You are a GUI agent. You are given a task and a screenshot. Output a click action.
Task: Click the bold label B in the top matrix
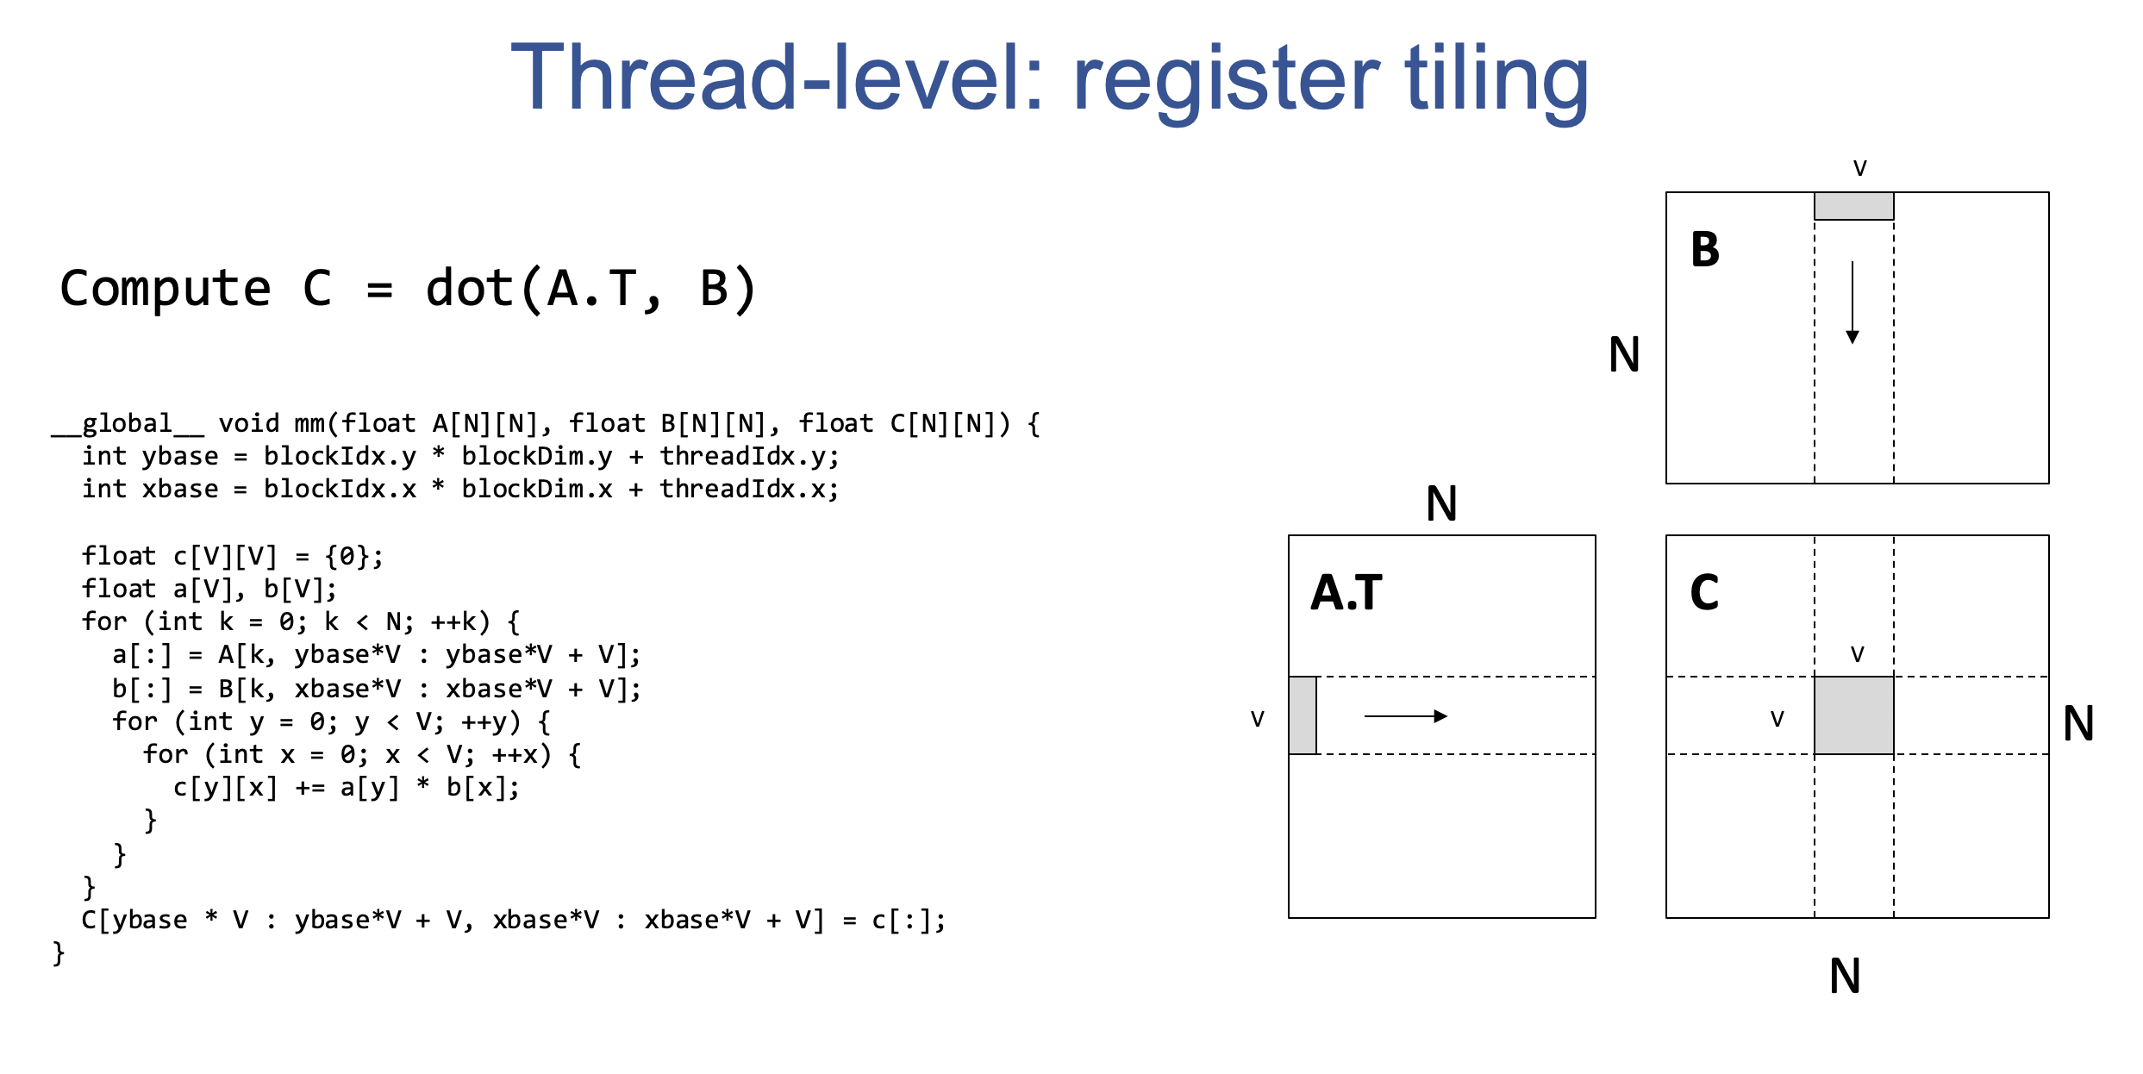(1704, 250)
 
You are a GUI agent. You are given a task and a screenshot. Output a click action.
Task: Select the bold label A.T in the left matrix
(1346, 593)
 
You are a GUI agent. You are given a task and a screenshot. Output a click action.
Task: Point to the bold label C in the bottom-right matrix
(1704, 593)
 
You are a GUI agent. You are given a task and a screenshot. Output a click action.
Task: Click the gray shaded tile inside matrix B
(1853, 206)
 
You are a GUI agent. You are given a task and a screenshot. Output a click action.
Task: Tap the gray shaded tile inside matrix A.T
(1303, 715)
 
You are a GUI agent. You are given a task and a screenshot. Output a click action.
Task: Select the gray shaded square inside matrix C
(1853, 715)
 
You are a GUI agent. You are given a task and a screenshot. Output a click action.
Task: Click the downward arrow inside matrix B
(1852, 302)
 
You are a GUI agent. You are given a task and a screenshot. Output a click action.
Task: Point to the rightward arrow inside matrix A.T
(1405, 716)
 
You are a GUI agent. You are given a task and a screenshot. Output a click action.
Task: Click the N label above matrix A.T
(1441, 504)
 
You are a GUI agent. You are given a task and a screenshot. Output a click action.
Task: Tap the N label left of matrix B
(1624, 354)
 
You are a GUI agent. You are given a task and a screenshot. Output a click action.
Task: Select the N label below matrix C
(1845, 977)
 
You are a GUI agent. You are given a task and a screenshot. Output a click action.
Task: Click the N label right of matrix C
(2078, 723)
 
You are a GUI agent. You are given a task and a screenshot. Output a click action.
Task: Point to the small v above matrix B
(1859, 168)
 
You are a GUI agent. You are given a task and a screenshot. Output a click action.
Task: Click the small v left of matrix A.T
(1257, 719)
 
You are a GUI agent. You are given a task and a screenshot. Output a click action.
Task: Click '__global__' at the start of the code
(128, 424)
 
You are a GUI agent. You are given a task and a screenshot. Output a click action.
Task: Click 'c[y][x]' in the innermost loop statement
(225, 788)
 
